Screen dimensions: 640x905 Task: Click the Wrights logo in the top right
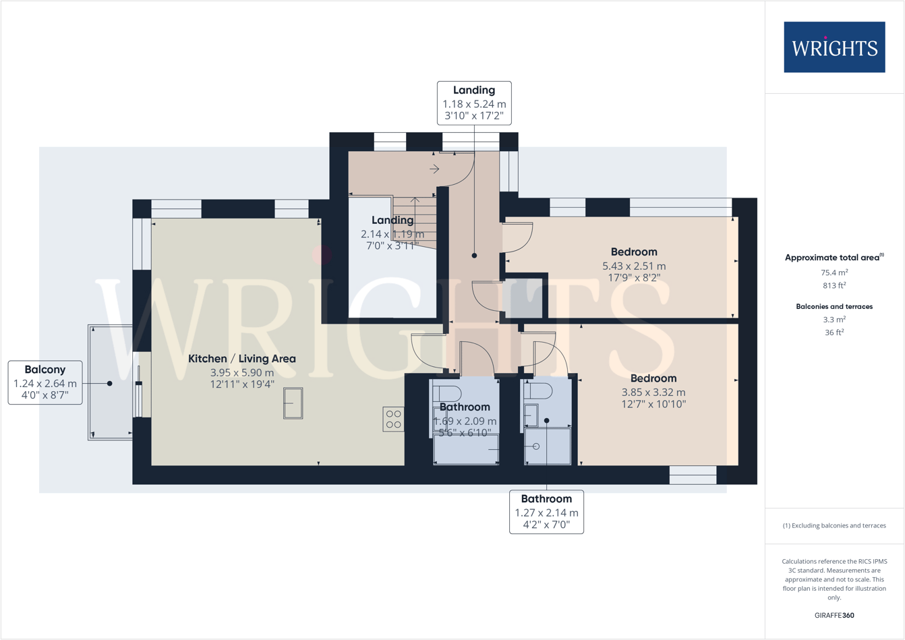834,47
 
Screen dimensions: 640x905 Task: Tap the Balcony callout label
45,382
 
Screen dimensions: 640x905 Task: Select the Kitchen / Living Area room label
241,359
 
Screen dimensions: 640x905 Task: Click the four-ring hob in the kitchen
394,419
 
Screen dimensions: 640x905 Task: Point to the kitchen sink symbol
293,403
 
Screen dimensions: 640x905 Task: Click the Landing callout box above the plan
474,103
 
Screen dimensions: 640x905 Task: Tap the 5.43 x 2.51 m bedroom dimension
633,266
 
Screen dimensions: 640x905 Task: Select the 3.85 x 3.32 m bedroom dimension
653,392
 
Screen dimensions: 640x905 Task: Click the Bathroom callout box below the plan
546,511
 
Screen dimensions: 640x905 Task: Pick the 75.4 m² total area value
834,272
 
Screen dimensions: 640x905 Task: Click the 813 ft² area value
834,285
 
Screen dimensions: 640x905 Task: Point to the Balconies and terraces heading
834,306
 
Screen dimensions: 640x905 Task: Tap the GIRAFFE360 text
834,615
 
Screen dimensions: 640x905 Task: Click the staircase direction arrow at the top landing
434,169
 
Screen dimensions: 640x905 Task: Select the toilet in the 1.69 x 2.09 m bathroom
446,393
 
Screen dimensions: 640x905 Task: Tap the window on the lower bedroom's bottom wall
693,475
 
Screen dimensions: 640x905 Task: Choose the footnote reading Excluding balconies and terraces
834,525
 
